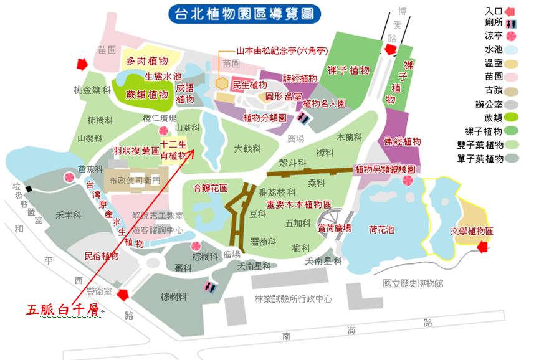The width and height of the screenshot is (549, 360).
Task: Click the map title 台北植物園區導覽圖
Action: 245,13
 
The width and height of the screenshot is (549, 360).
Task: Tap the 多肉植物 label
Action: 147,60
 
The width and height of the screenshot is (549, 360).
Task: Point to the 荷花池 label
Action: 381,229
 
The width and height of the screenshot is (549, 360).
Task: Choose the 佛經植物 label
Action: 403,141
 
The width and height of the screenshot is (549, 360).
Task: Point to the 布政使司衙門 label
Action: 135,180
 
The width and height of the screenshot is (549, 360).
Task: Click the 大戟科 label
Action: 247,149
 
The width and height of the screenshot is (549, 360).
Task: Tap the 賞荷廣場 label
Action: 335,228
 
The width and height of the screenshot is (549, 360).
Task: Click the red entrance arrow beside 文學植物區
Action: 482,248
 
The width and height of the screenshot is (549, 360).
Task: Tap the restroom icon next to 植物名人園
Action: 303,117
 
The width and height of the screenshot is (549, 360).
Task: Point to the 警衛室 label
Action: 98,291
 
